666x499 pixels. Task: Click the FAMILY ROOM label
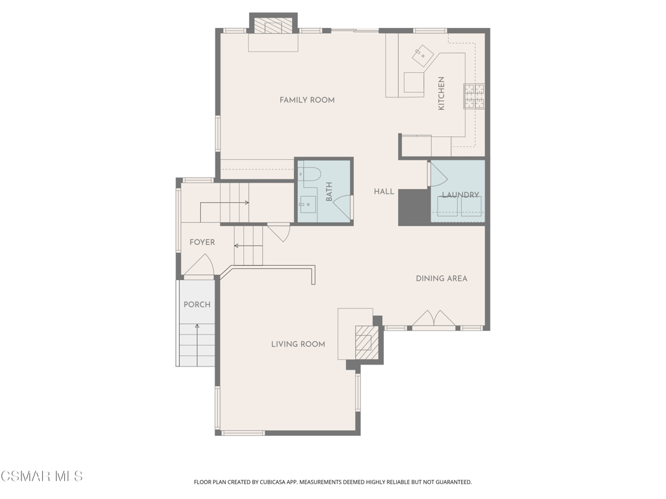(x=307, y=100)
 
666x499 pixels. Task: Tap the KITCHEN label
(x=442, y=94)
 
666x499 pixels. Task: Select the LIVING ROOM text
(x=298, y=344)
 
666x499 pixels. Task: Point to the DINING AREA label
(x=442, y=278)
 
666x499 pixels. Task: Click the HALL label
(x=384, y=192)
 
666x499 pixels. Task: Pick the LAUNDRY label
(x=460, y=195)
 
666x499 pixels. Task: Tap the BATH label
(x=329, y=192)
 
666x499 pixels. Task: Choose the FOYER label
(x=202, y=242)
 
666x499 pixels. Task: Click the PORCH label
(x=197, y=305)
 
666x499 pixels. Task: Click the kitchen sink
(x=423, y=56)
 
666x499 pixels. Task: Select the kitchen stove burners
(x=474, y=96)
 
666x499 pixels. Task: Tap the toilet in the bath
(x=309, y=176)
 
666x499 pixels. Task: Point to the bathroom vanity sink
(x=307, y=205)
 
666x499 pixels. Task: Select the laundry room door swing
(x=438, y=173)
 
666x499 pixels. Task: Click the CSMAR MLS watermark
(x=42, y=476)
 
